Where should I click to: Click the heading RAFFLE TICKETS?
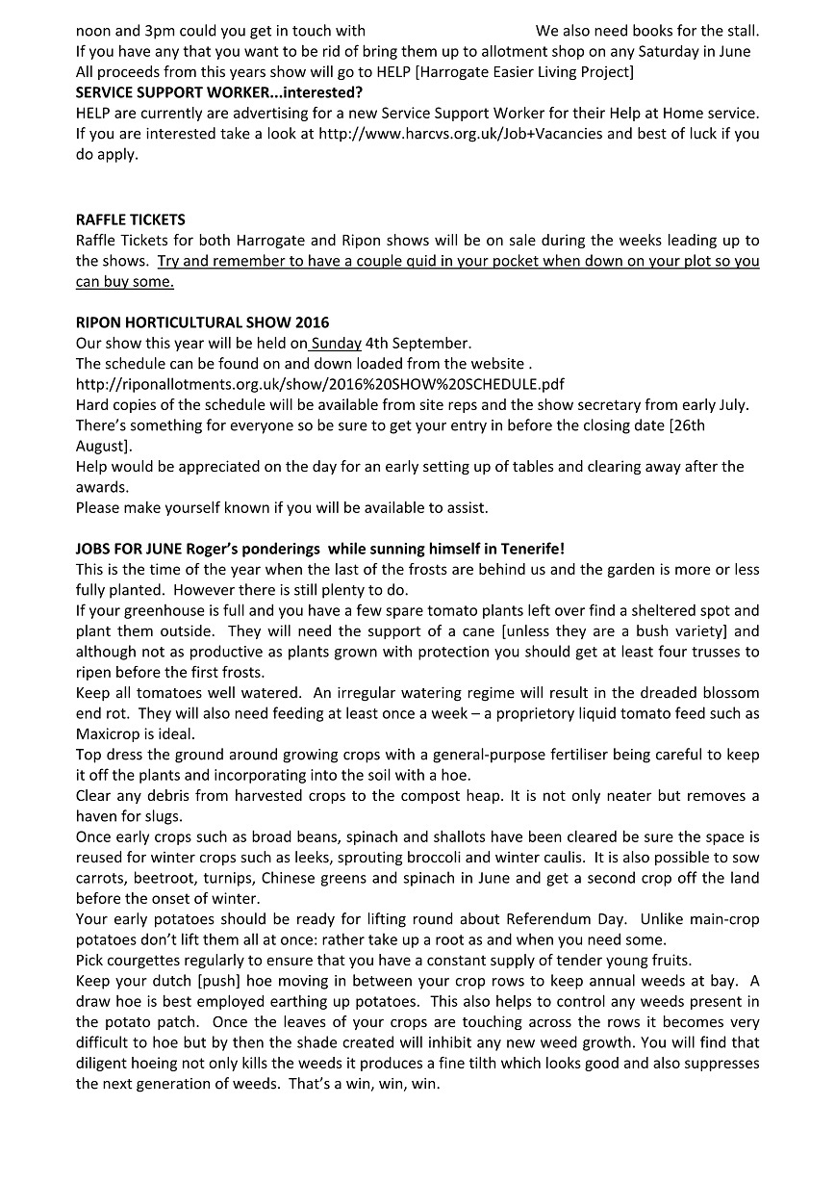[131, 219]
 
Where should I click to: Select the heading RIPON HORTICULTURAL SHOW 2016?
[202, 321]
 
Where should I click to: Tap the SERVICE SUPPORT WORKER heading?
[218, 92]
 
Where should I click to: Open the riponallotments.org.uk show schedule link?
[319, 383]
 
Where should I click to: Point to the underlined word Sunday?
[336, 343]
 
